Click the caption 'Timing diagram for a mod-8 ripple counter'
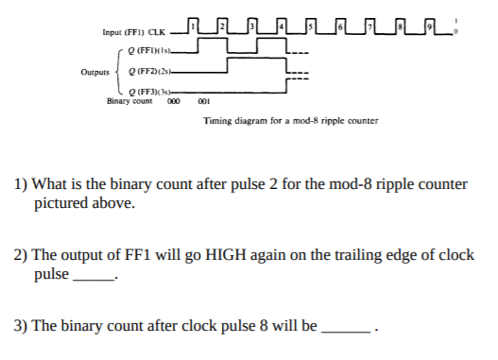click(290, 120)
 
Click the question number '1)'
click(19, 184)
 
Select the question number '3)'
click(19, 326)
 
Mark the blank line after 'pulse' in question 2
click(94, 278)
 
